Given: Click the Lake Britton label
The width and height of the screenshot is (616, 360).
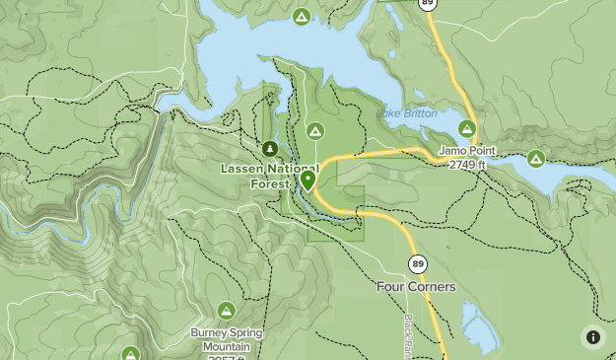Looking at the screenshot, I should click(406, 113).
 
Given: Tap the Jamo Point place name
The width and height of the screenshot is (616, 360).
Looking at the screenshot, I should click(467, 151).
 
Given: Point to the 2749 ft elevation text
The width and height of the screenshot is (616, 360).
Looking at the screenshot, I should click(467, 165).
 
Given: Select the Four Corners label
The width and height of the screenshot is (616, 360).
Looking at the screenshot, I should click(416, 287).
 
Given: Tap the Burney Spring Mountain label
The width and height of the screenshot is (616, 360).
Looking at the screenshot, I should click(227, 339).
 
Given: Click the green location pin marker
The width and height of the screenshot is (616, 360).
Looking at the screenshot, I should click(308, 180).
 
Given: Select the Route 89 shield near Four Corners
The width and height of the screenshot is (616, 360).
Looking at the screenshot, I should click(417, 263).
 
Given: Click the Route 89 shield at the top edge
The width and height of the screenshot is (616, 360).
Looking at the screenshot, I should click(427, 4).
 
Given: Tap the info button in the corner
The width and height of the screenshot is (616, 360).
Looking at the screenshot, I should click(592, 337).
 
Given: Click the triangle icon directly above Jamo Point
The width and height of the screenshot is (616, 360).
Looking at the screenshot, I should click(467, 128).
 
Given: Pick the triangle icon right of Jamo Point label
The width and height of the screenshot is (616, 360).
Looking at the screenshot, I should click(536, 158).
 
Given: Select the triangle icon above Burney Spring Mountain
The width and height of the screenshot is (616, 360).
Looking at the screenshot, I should click(226, 312).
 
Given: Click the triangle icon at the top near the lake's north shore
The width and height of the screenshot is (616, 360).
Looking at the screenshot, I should click(302, 17).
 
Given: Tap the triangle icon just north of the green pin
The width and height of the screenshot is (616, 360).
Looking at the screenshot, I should click(315, 130).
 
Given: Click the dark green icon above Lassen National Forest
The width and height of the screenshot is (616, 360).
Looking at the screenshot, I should click(269, 149).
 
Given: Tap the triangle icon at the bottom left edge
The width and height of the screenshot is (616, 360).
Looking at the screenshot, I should click(131, 354).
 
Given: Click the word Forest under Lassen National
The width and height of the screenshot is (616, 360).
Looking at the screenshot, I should click(269, 183).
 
